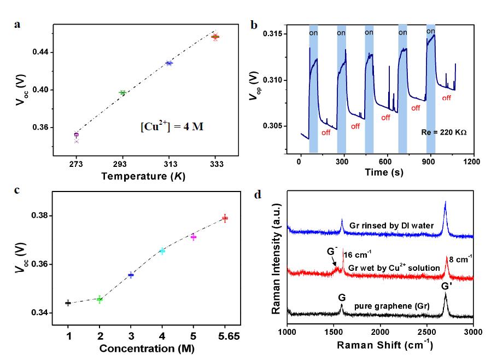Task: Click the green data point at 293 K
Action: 122,92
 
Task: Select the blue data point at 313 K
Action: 169,63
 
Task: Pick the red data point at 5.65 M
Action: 224,218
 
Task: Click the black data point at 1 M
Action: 68,303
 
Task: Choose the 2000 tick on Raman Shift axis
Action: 379,332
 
